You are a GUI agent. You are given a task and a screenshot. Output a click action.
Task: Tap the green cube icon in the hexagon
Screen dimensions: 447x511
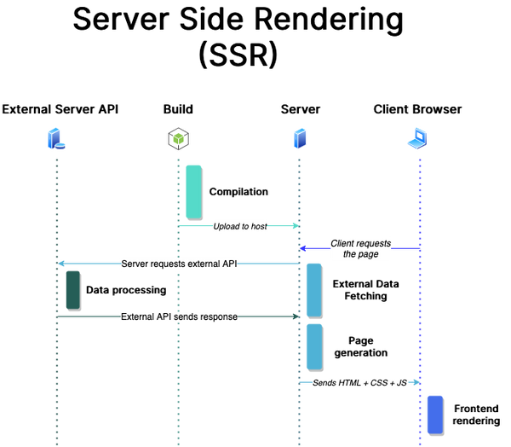pos(178,139)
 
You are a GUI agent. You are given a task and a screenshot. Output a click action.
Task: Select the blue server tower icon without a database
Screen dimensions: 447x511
pos(299,139)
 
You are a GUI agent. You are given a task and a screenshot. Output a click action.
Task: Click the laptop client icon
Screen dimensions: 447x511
pos(418,139)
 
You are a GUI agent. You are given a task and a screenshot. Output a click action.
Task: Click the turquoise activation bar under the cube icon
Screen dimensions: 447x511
pos(194,191)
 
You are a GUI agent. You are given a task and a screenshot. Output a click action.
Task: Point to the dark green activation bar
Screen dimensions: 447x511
pos(72,289)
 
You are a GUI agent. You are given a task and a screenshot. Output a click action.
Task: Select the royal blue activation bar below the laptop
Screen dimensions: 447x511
pos(434,414)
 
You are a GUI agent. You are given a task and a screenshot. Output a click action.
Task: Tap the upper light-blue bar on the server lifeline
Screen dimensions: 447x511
pos(314,289)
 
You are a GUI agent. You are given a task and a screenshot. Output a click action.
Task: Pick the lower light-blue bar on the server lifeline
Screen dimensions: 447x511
pos(314,345)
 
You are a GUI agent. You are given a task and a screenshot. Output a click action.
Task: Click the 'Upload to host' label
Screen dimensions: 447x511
pos(240,226)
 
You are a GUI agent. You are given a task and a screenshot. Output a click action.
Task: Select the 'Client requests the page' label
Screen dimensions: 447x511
pos(360,248)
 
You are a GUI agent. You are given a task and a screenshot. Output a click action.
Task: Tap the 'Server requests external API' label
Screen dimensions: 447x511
pos(179,264)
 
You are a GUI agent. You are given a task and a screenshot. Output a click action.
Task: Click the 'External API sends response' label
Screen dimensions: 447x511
pos(179,316)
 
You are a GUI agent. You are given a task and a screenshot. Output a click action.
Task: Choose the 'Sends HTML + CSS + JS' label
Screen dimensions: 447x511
pos(359,383)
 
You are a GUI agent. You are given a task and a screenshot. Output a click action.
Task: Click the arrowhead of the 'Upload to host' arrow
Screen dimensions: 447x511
pos(296,226)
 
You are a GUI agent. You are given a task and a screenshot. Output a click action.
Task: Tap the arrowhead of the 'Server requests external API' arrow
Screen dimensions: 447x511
pos(60,264)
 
